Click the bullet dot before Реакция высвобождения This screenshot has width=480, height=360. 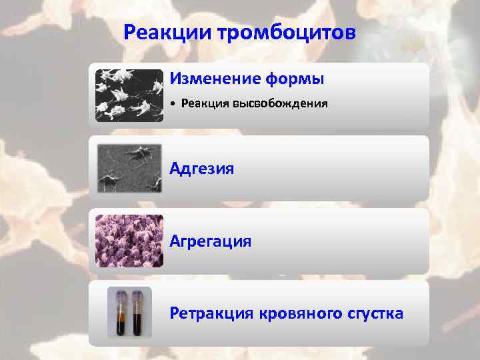click(172, 105)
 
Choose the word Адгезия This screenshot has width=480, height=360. click(201, 168)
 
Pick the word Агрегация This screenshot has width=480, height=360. click(210, 241)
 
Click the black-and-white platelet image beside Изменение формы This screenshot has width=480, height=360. click(129, 95)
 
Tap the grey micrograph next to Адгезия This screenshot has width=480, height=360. click(129, 168)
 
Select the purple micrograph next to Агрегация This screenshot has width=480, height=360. click(129, 241)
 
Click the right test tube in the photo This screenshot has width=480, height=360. click(137, 313)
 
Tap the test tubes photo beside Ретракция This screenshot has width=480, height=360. click(129, 312)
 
